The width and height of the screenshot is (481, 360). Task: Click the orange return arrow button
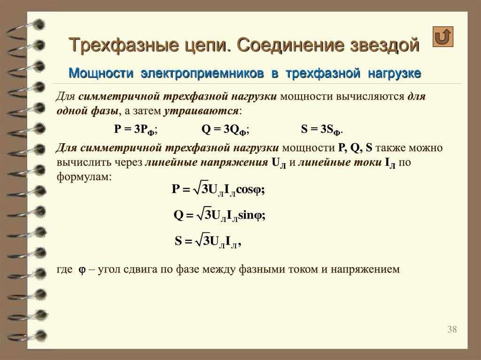tap(442, 37)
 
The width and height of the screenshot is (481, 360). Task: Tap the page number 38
tap(452, 329)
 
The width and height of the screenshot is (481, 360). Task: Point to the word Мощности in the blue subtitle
tap(101, 73)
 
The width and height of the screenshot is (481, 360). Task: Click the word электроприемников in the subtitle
tap(202, 74)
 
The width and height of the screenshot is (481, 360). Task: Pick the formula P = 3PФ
tap(136, 130)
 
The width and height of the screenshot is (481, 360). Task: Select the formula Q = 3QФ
tap(225, 130)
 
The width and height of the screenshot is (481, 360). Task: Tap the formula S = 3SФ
tap(322, 130)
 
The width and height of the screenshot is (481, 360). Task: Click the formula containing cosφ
tap(218, 189)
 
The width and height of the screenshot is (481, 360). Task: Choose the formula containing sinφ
tap(219, 214)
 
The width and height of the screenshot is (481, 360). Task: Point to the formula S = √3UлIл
tap(208, 241)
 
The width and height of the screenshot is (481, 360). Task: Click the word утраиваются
tap(201, 111)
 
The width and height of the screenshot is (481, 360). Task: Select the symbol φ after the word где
tap(82, 270)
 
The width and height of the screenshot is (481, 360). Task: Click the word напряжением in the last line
tap(365, 269)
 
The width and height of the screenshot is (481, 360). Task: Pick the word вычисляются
tap(371, 96)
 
